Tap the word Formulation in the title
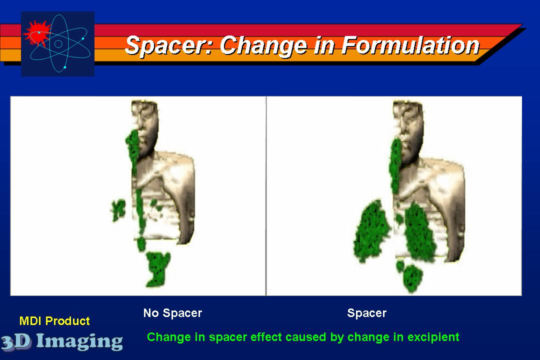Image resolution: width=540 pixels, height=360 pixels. coord(410,45)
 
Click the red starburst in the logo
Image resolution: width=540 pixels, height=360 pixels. coord(37,33)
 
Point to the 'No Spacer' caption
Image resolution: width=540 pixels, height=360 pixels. coord(172,313)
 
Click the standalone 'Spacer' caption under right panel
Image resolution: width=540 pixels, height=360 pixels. coord(367,313)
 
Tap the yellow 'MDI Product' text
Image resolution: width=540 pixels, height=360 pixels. coord(54,321)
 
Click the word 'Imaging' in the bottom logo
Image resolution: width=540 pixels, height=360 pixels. coord(79,341)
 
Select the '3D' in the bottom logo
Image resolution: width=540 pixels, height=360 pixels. coord(16,341)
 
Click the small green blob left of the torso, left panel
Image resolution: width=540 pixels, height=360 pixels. coord(118,209)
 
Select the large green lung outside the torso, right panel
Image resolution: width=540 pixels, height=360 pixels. coord(371,231)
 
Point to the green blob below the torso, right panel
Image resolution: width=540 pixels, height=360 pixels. coord(412,277)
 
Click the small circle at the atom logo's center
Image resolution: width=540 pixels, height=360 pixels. coord(58,44)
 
